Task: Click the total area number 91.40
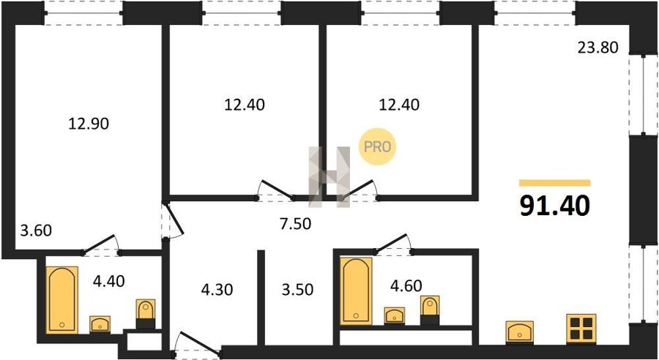[x=555, y=206]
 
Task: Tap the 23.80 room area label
[x=597, y=48]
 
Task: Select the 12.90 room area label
[x=89, y=124]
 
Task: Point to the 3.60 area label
[x=36, y=230]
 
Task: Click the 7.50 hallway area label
[x=296, y=224]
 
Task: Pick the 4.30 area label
[x=217, y=289]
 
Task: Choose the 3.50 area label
[x=297, y=290]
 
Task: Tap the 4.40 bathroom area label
[x=109, y=281]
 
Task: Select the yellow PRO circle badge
[x=377, y=146]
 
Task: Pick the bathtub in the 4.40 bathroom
[x=62, y=299]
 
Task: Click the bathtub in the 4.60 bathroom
[x=356, y=291]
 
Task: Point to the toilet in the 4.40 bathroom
[x=146, y=314]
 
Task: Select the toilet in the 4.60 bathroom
[x=430, y=310]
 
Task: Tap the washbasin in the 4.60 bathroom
[x=395, y=315]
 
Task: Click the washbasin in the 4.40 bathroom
[x=100, y=324]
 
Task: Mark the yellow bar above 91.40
[x=555, y=183]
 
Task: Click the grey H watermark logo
[x=329, y=177]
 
